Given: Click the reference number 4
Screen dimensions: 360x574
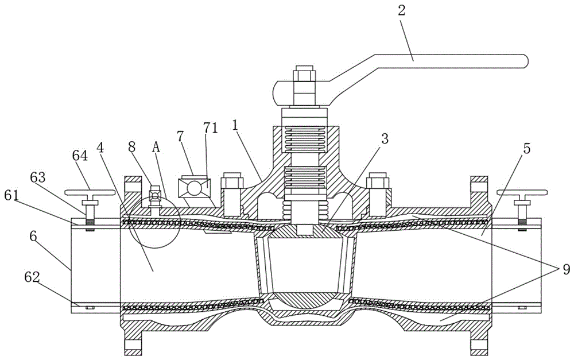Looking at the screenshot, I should pyautogui.click(x=100, y=146).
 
